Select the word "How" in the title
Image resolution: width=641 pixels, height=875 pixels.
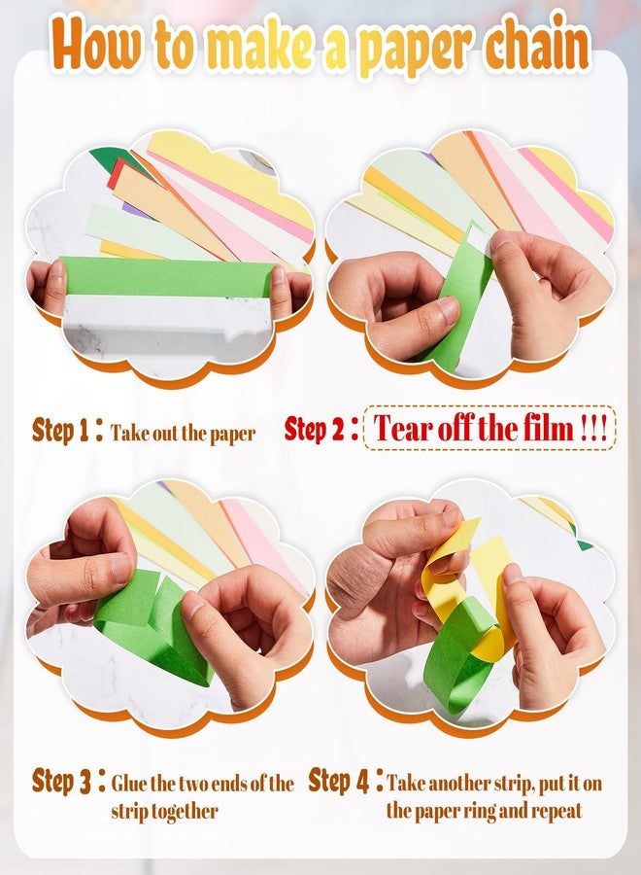pos(96,45)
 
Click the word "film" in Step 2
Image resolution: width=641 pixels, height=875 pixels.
pos(548,429)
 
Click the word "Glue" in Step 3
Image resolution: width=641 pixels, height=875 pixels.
pos(129,783)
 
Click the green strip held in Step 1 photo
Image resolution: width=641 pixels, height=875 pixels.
pos(167,276)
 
